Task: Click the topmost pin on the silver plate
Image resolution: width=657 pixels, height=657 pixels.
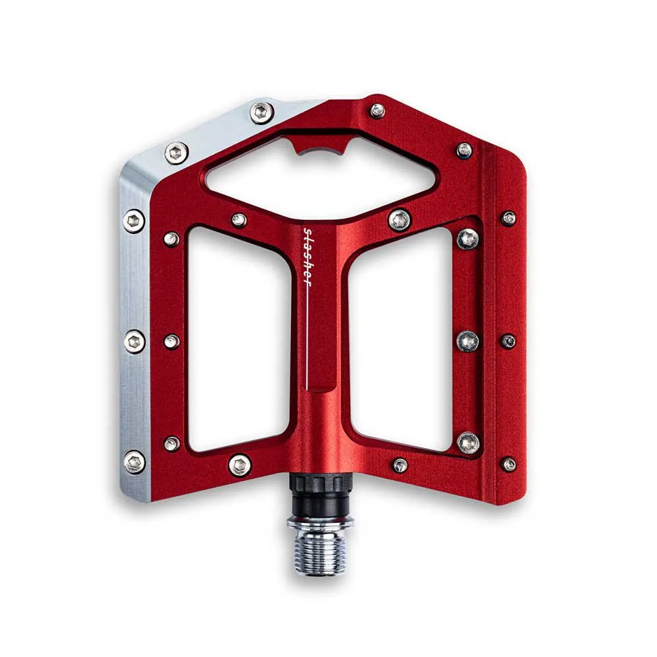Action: pyautogui.click(x=261, y=112)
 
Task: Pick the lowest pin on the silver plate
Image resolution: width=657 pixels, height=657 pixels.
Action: pyautogui.click(x=134, y=462)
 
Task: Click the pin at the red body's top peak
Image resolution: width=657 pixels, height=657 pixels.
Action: pyautogui.click(x=377, y=110)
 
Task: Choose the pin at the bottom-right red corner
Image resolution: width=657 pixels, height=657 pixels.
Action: pyautogui.click(x=509, y=464)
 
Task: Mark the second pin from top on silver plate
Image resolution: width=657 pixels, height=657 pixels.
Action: pyautogui.click(x=176, y=152)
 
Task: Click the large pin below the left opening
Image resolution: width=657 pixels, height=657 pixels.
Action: pyautogui.click(x=240, y=464)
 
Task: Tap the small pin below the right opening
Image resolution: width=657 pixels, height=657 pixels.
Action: pyautogui.click(x=399, y=465)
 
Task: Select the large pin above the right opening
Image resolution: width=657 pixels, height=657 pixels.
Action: pyautogui.click(x=399, y=219)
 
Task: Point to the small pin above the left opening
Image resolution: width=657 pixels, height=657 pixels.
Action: pyautogui.click(x=239, y=220)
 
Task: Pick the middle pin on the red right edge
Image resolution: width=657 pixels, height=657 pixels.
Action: pyautogui.click(x=508, y=341)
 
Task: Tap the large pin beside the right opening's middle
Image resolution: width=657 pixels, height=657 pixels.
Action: pyautogui.click(x=468, y=341)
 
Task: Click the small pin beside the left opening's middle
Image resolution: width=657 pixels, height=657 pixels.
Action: pyautogui.click(x=171, y=341)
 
